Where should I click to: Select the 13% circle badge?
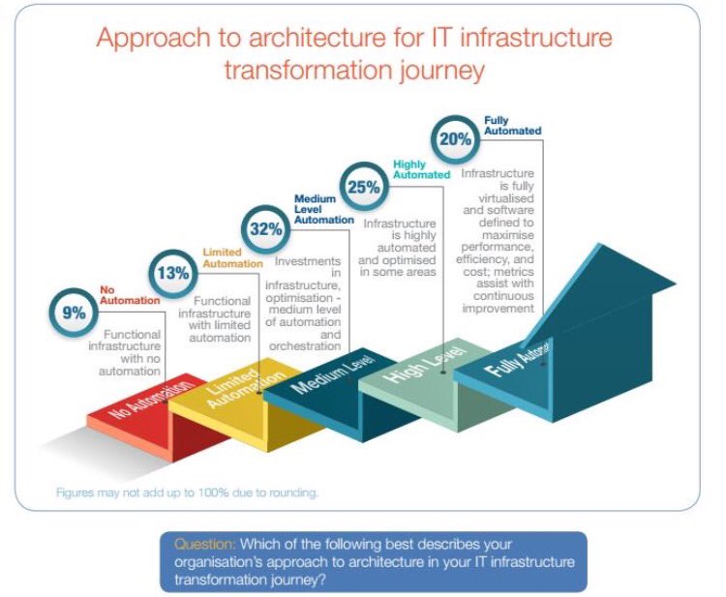pos(172,273)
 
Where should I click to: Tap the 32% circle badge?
pos(265,228)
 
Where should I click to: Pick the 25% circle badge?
pos(363,187)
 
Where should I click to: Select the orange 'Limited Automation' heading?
pos(231,257)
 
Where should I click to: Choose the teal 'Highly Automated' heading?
pos(421,169)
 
